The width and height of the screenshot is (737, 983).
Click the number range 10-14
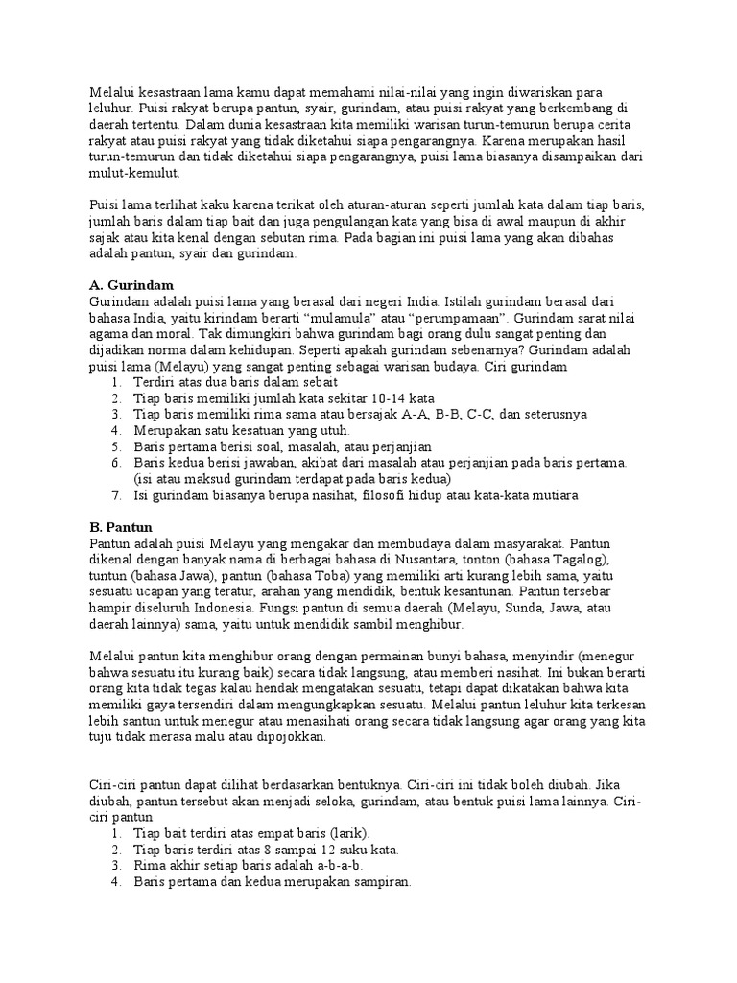tap(379, 397)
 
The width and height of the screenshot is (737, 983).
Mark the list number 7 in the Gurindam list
tap(115, 495)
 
